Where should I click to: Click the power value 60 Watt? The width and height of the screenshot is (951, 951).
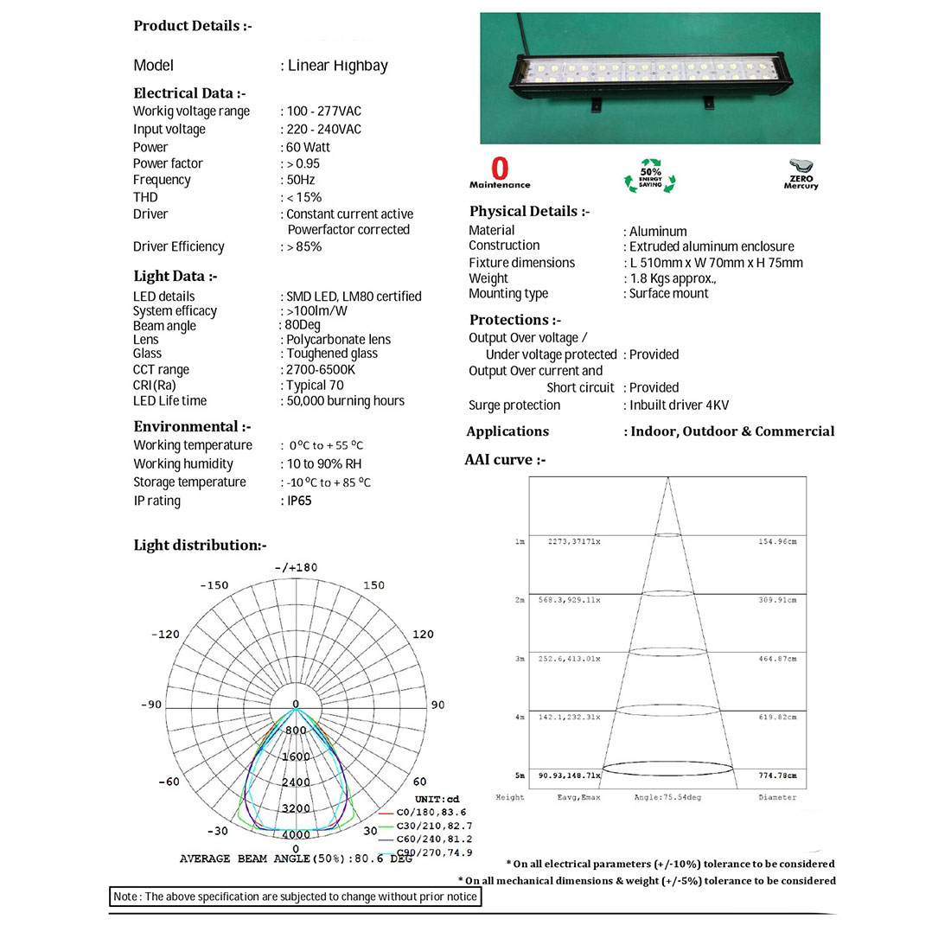pyautogui.click(x=308, y=147)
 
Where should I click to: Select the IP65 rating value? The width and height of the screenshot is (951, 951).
pyautogui.click(x=299, y=501)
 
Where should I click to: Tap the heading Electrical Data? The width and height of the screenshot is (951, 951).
pyautogui.click(x=189, y=93)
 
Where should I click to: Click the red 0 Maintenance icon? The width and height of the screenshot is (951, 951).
pyautogui.click(x=500, y=171)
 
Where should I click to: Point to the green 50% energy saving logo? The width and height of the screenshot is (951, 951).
pyautogui.click(x=650, y=174)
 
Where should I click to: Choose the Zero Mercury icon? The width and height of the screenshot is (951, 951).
pyautogui.click(x=801, y=173)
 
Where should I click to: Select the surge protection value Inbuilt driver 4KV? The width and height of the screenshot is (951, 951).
pyautogui.click(x=679, y=405)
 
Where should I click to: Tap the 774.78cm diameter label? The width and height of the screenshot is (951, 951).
pyautogui.click(x=777, y=775)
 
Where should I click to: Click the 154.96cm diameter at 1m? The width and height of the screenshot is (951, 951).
pyautogui.click(x=777, y=541)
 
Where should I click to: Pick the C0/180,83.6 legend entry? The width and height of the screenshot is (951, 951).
pyautogui.click(x=431, y=813)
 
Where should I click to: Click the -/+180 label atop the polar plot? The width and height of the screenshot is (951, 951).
pyautogui.click(x=296, y=567)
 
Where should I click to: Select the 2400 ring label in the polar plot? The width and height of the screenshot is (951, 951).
pyautogui.click(x=296, y=782)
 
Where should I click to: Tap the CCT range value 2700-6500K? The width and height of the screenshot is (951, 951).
pyautogui.click(x=321, y=369)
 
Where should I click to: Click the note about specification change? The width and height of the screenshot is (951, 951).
pyautogui.click(x=295, y=897)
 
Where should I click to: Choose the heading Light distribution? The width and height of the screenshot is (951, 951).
pyautogui.click(x=200, y=545)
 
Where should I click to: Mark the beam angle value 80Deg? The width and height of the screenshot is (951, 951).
pyautogui.click(x=303, y=325)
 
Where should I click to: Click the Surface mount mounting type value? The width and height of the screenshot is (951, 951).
pyautogui.click(x=668, y=294)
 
